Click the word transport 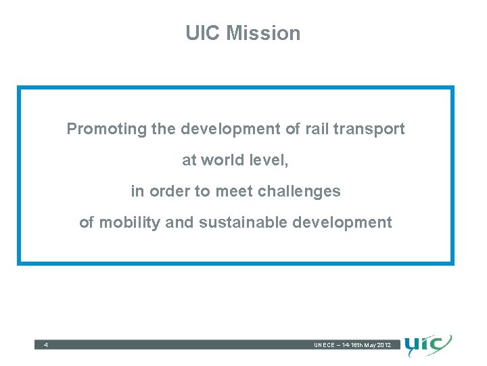(x=374, y=129)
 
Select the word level (x=271, y=161)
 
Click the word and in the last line (x=179, y=223)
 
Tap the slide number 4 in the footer (x=45, y=346)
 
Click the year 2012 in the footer (x=383, y=346)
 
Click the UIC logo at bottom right (x=428, y=346)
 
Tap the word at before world (x=189, y=161)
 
